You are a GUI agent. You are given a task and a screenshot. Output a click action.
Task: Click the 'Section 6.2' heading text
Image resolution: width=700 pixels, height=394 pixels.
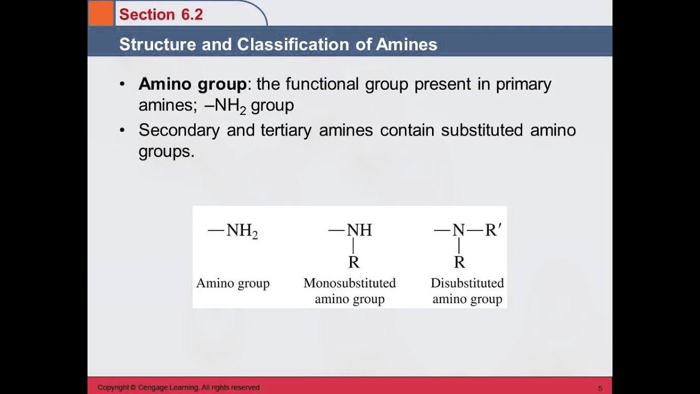tap(161, 15)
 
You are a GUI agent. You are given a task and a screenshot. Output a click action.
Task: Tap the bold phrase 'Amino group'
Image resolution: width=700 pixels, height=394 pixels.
tap(192, 84)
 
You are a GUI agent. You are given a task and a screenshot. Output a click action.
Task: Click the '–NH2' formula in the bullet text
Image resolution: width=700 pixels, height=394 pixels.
tap(225, 106)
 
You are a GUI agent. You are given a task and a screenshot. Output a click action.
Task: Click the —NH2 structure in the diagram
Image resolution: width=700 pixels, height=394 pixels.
tap(233, 231)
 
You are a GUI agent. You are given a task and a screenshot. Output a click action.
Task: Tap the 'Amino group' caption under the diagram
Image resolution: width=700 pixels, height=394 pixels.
tap(233, 283)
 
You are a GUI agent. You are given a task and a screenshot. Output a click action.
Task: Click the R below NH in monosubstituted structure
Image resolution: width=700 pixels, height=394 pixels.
tap(354, 263)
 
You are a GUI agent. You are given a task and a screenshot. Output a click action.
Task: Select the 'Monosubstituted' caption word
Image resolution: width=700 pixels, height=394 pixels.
tap(349, 283)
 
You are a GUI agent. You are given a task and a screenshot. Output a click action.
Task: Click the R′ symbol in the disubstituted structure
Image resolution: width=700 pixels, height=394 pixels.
tap(493, 230)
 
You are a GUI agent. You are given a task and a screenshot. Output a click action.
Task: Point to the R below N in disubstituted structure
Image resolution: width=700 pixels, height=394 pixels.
tap(459, 263)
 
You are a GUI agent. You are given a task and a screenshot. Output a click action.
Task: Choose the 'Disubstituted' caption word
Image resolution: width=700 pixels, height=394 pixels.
tap(467, 283)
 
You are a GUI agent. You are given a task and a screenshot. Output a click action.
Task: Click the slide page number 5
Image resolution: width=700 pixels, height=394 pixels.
tap(600, 388)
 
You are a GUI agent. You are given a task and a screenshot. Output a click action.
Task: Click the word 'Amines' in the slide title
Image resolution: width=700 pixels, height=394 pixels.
tap(407, 44)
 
